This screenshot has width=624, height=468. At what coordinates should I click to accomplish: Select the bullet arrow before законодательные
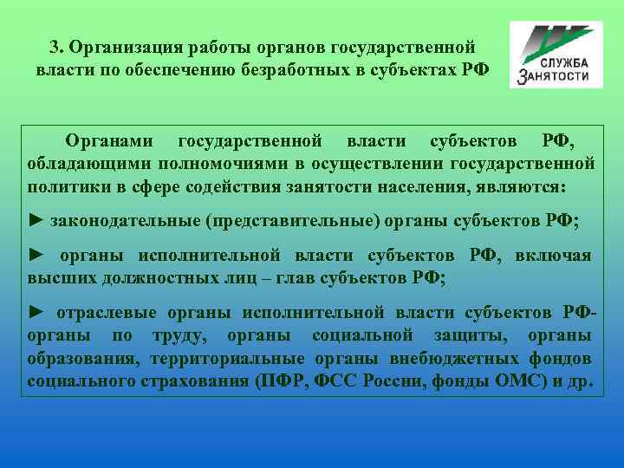[x=36, y=221]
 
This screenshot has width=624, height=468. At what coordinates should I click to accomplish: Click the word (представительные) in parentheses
[x=292, y=221]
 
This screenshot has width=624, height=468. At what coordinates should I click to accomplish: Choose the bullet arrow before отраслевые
[x=36, y=313]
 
